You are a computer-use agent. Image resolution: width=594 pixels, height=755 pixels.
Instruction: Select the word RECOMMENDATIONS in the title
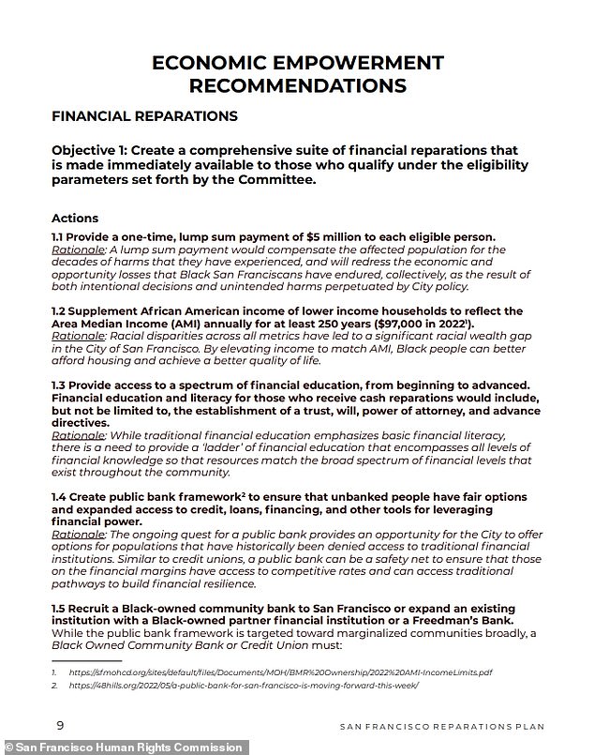pyautogui.click(x=298, y=85)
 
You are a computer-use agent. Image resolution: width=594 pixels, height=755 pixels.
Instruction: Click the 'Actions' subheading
pyautogui.click(x=75, y=218)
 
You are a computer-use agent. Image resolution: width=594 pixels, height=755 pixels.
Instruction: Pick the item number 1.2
pyautogui.click(x=61, y=310)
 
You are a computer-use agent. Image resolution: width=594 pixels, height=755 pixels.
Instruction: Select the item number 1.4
pyautogui.click(x=61, y=496)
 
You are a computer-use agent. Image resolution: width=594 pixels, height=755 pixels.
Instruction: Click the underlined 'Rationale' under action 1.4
pyautogui.click(x=80, y=534)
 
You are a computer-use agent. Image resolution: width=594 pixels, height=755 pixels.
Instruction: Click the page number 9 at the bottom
pyautogui.click(x=60, y=726)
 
